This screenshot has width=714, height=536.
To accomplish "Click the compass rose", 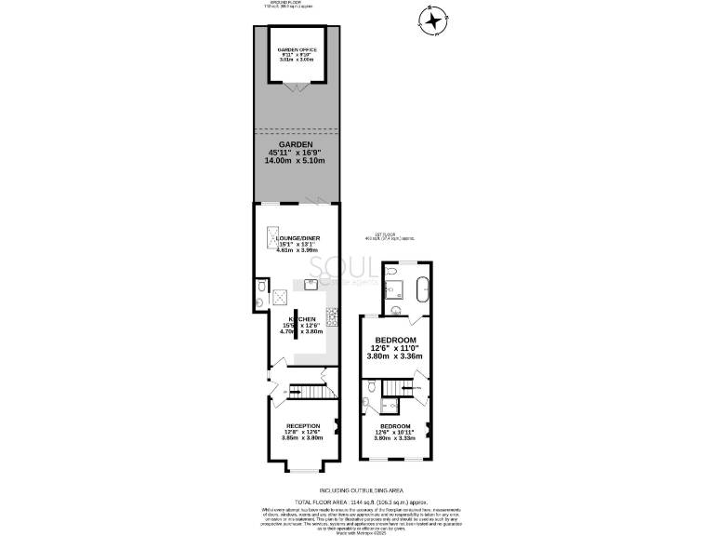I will click(434, 20).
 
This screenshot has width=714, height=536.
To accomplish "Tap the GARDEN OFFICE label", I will click(298, 49).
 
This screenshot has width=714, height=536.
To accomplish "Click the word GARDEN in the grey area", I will click(297, 145).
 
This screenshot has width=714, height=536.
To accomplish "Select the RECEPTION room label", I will click(301, 425).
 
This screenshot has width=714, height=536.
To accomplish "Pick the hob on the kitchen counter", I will click(330, 319).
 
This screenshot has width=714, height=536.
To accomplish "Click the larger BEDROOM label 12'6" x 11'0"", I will click(395, 340).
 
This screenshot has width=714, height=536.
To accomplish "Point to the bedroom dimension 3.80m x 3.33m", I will click(395, 437).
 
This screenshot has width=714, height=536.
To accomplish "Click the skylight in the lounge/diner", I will click(274, 238).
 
